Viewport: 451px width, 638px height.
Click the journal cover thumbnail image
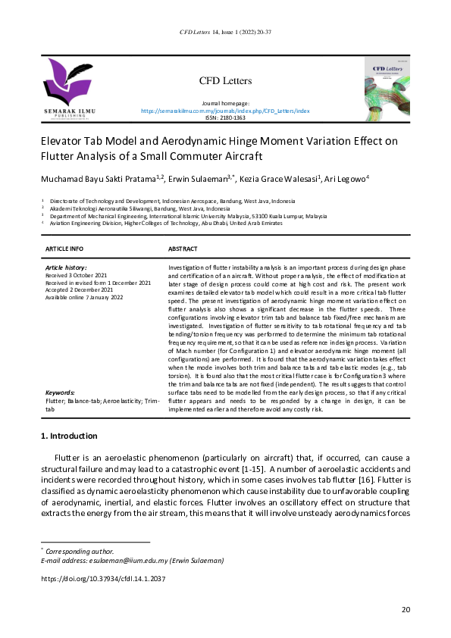387,89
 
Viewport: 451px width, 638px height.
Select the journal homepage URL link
225,111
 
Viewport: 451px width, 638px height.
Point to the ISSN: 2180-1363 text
225,118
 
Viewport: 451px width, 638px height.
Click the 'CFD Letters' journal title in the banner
225,81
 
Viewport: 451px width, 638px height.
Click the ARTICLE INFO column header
64,249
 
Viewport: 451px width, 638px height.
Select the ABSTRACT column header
183,249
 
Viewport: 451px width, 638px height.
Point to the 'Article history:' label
66,267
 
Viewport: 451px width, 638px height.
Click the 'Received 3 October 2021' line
77,275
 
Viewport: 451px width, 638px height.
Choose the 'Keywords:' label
60,393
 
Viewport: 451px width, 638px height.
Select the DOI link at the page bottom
102,578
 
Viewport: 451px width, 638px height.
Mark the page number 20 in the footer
406,610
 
